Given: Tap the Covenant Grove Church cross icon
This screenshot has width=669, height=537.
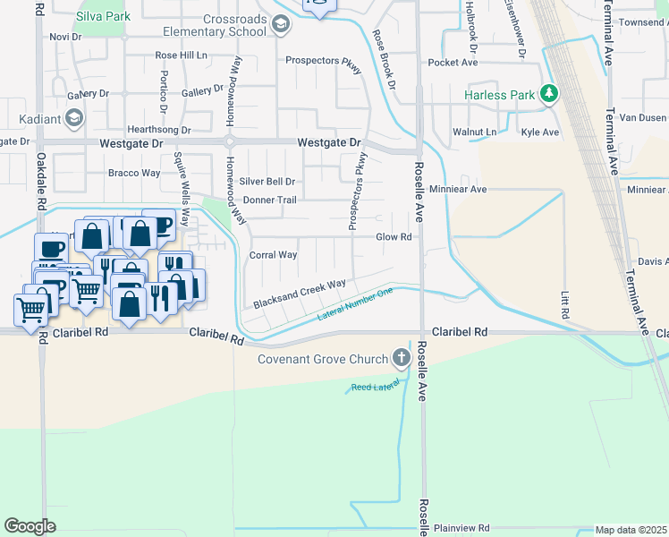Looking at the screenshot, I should click(x=401, y=359).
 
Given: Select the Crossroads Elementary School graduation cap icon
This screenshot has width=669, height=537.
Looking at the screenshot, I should click(x=281, y=24).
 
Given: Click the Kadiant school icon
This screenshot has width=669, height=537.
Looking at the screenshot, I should click(x=74, y=117).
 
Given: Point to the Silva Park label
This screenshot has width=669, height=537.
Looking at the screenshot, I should click(x=104, y=16).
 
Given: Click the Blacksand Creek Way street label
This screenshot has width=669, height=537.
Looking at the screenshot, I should click(x=299, y=295).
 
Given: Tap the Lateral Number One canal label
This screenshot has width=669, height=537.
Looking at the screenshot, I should click(x=355, y=305).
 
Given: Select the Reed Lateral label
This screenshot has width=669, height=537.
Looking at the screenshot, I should click(x=374, y=387).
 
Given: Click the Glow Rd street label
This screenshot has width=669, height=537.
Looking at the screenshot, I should click(x=394, y=237).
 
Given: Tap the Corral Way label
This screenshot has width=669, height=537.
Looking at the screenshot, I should click(x=273, y=255).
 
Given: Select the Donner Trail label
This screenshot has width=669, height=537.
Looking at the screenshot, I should click(x=269, y=200).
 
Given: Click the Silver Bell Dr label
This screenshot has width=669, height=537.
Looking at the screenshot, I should click(x=267, y=181).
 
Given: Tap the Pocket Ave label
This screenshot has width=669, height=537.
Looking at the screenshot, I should click(x=453, y=63).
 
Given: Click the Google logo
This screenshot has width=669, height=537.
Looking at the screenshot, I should click(x=30, y=526).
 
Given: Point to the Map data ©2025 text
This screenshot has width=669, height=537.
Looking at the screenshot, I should click(x=631, y=530).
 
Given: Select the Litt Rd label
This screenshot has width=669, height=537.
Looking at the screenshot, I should click(x=564, y=305).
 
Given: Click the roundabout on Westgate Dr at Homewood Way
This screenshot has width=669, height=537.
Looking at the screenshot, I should click(x=230, y=142).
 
